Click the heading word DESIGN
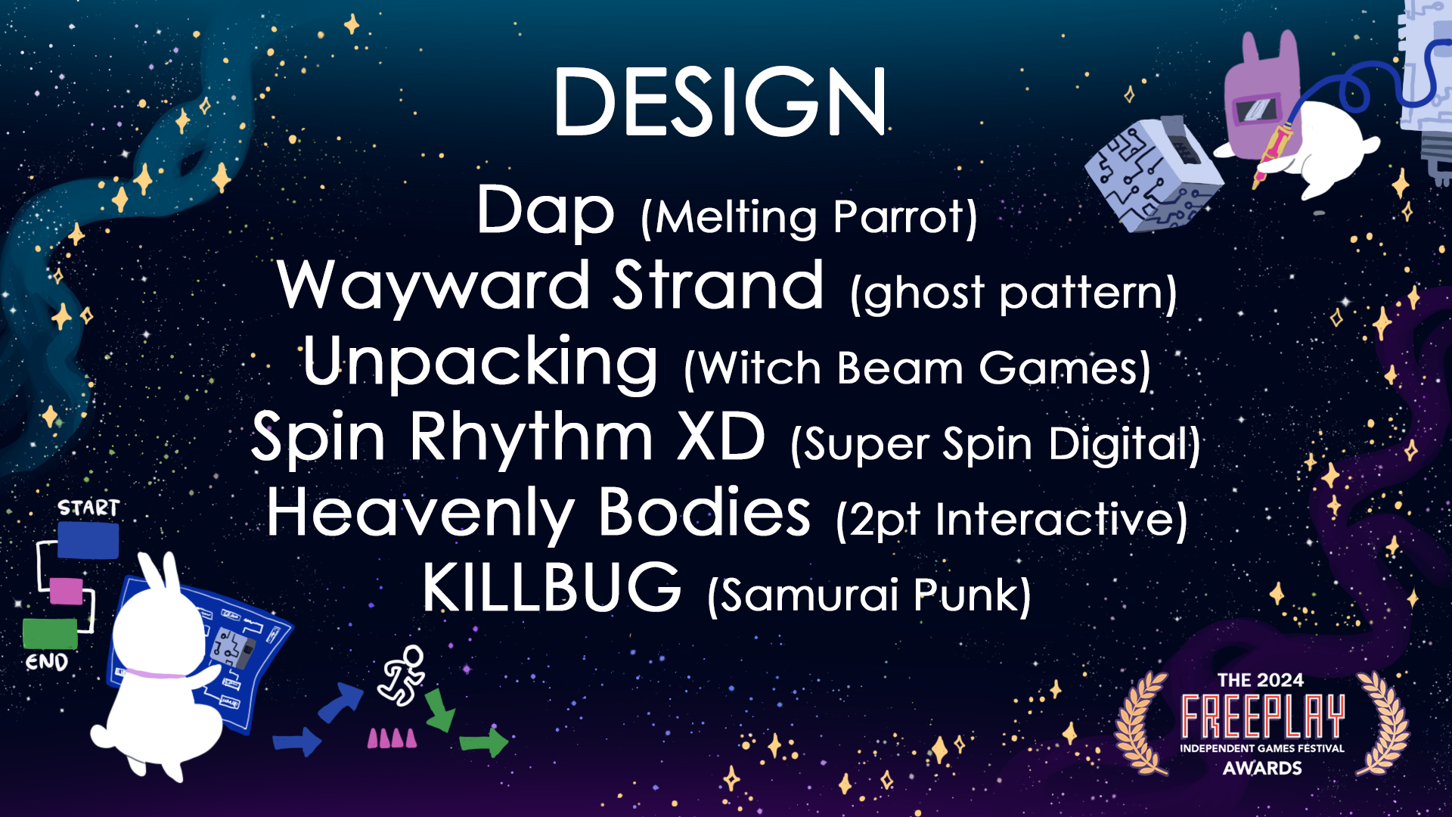pyautogui.click(x=720, y=102)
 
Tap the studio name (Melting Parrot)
pyautogui.click(x=808, y=218)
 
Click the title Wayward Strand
pyautogui.click(x=551, y=286)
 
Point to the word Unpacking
pyautogui.click(x=480, y=362)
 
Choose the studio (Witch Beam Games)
pyautogui.click(x=917, y=369)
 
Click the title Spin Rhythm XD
pyautogui.click(x=508, y=437)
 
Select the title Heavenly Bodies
pyautogui.click(x=538, y=514)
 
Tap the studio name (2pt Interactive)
pyautogui.click(x=1012, y=520)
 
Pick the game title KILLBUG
pyautogui.click(x=552, y=588)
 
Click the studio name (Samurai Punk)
pyautogui.click(x=869, y=595)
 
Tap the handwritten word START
pyautogui.click(x=88, y=508)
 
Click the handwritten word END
pyautogui.click(x=47, y=663)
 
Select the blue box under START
pyautogui.click(x=88, y=540)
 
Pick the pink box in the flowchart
pyautogui.click(x=66, y=591)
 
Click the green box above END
pyautogui.click(x=50, y=633)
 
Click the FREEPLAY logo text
pyautogui.click(x=1263, y=716)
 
